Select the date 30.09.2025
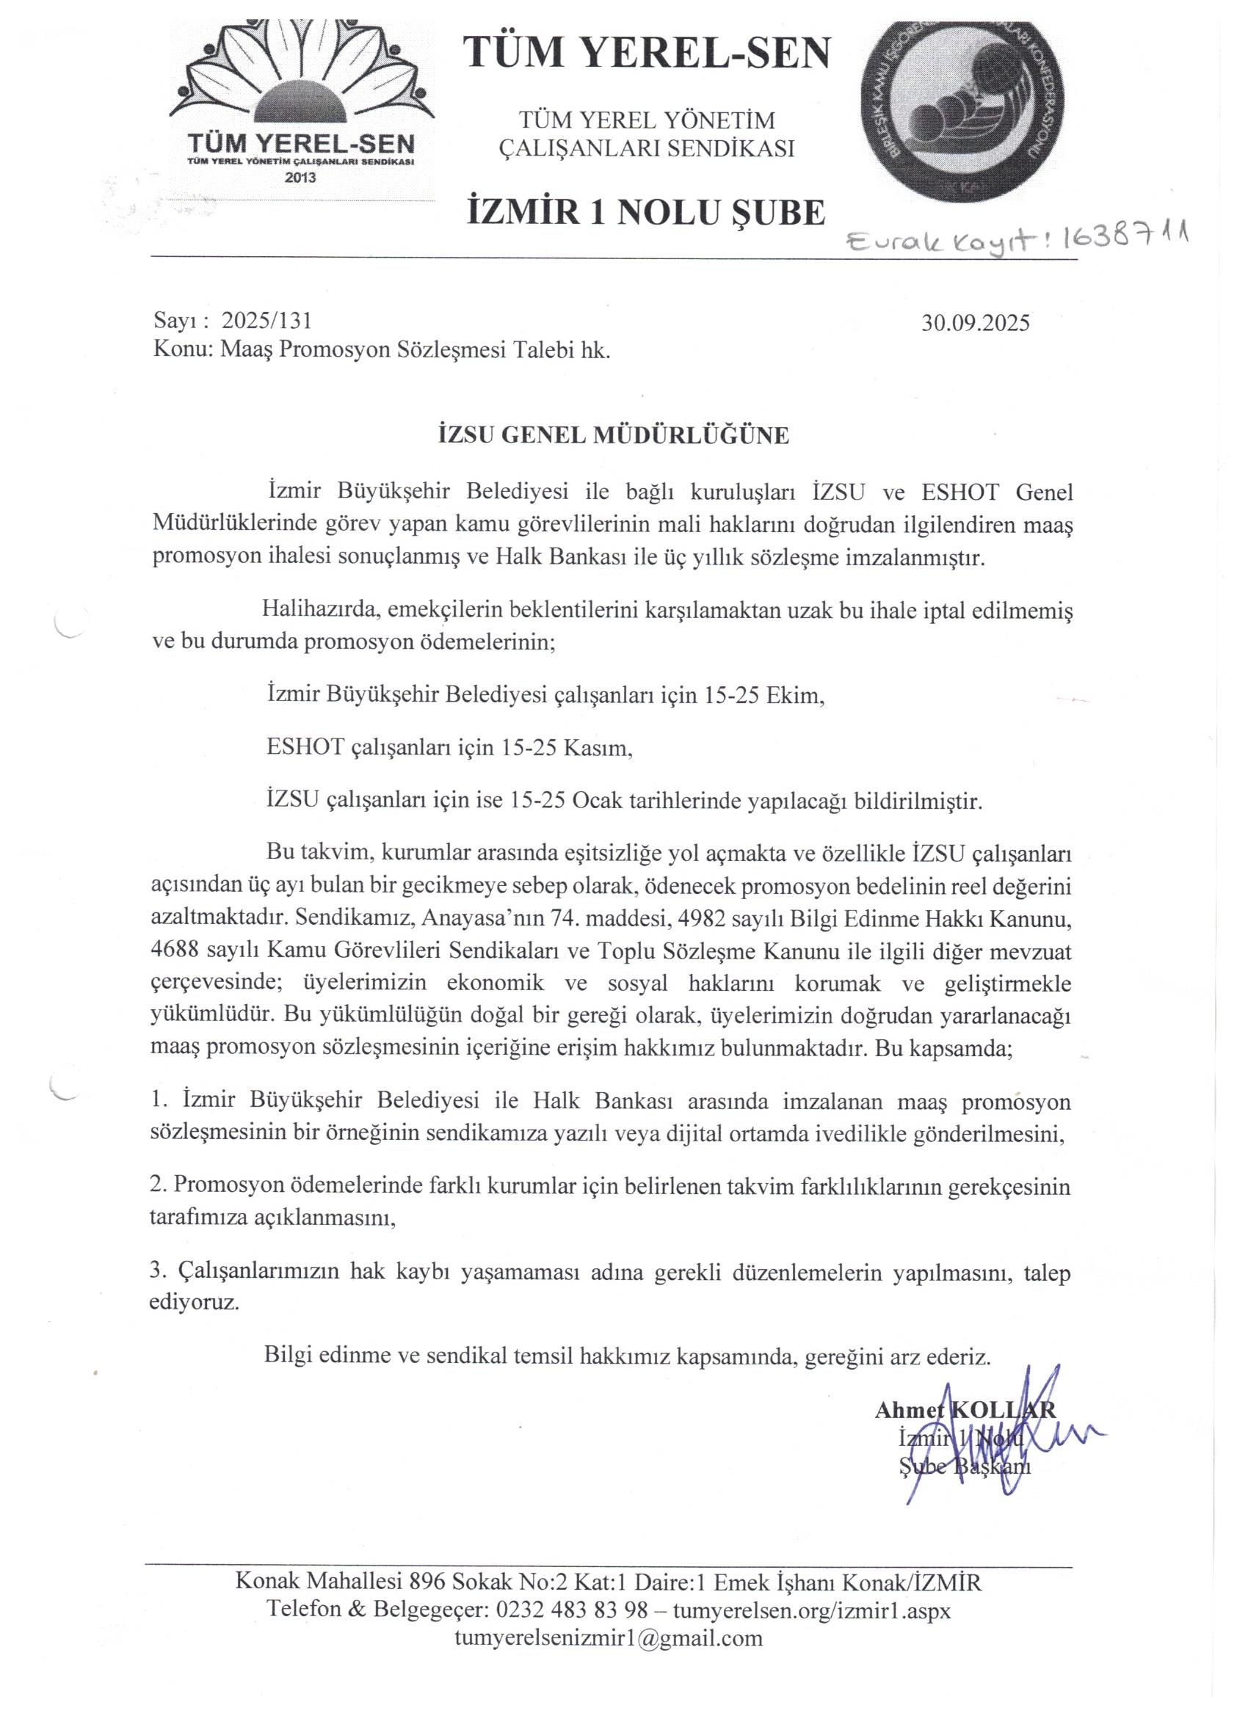tap(976, 323)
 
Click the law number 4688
tap(176, 949)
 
